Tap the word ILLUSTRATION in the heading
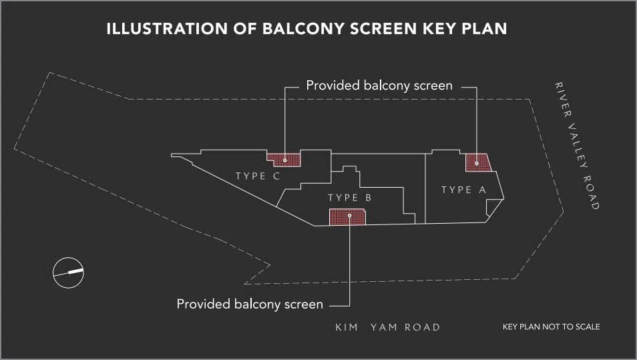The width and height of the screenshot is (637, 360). pos(167,29)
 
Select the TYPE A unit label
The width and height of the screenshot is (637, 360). pos(463,190)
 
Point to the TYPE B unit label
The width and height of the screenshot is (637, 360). pos(350,198)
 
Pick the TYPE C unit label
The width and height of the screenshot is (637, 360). pos(258,176)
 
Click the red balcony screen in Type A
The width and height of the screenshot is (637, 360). pos(478,162)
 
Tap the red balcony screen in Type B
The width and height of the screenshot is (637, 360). pos(347,217)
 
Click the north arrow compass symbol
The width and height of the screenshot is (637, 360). pos(68,273)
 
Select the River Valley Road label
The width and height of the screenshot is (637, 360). pos(577,146)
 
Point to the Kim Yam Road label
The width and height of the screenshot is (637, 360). pos(387,327)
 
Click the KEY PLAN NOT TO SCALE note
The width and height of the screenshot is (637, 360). pos(552,327)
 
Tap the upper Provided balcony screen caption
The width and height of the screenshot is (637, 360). pos(379,85)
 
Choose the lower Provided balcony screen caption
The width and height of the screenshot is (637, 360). pos(250,305)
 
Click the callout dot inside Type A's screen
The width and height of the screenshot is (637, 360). pos(477,164)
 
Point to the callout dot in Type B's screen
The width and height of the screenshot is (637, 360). pos(349,215)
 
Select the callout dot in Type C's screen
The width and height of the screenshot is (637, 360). pos(285,160)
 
